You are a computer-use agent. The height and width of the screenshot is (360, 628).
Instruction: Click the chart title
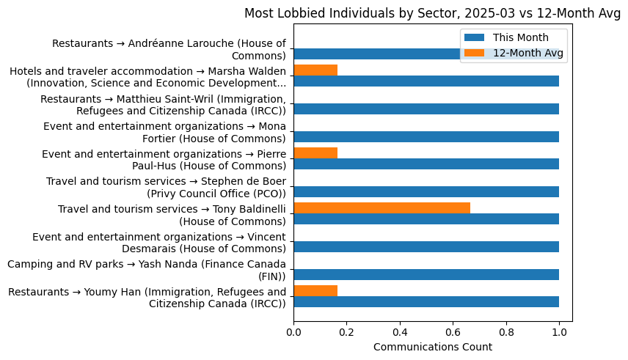click(x=432, y=13)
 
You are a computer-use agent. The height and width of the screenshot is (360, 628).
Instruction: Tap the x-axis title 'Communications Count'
click(x=432, y=347)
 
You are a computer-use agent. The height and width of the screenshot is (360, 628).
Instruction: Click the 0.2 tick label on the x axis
click(x=346, y=331)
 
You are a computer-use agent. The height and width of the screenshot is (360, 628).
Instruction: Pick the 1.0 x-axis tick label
click(x=559, y=331)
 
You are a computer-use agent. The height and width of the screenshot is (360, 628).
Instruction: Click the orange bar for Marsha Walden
click(x=315, y=70)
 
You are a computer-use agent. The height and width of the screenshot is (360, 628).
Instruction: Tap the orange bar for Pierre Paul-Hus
click(x=315, y=153)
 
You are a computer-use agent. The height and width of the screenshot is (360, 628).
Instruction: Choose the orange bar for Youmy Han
click(x=315, y=291)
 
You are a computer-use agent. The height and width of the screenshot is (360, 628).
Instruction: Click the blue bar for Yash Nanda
click(x=426, y=274)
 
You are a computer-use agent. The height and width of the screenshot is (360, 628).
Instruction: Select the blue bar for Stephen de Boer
click(x=426, y=191)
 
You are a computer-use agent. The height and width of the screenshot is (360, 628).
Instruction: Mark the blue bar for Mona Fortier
click(x=426, y=136)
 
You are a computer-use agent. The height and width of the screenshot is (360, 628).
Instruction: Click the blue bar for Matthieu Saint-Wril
click(x=426, y=109)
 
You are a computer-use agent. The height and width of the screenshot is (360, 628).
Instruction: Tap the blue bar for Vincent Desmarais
click(x=426, y=247)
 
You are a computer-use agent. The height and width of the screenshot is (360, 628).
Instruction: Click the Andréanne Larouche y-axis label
click(x=169, y=49)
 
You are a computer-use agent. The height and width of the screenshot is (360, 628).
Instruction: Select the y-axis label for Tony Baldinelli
click(x=172, y=215)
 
